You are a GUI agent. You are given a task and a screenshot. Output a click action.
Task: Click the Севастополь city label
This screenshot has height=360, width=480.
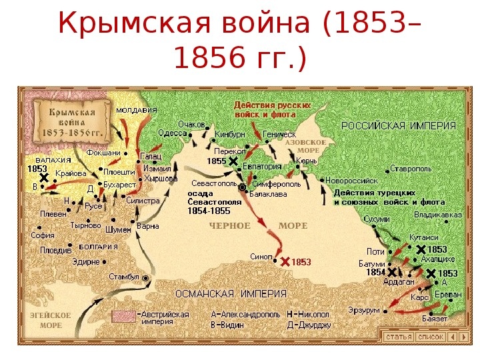pyautogui.click(x=213, y=182)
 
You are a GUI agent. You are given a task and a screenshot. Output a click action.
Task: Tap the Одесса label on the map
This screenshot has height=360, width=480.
pyautogui.click(x=173, y=133)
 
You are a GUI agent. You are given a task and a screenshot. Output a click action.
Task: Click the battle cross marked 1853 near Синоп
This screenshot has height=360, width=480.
pyautogui.click(x=285, y=261)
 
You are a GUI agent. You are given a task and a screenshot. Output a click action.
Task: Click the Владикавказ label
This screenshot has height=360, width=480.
pyautogui.click(x=437, y=215)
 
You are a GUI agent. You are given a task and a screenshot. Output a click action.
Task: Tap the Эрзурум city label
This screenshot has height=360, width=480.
pyautogui.click(x=363, y=310)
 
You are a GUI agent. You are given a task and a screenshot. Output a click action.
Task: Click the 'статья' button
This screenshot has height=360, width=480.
pyautogui.click(x=398, y=337)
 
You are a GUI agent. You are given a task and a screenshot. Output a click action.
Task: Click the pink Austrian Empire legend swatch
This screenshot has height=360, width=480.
pyautogui.click(x=123, y=317)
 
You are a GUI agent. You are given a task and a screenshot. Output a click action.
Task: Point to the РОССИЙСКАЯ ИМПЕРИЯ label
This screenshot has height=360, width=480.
pyautogui.click(x=399, y=125)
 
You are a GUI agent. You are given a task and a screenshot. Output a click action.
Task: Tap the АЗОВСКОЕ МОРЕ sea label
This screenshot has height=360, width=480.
pyautogui.click(x=305, y=146)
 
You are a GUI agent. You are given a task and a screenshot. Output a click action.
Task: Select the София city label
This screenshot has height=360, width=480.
pyautogui.click(x=42, y=235)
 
